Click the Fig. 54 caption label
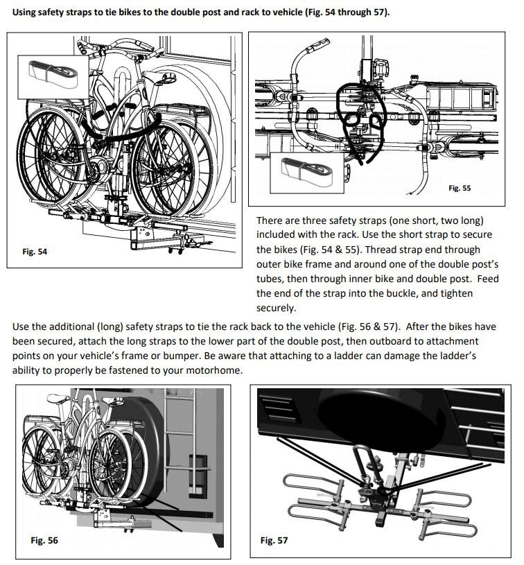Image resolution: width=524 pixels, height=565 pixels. [35, 252]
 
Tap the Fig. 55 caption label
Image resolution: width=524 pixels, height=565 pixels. [460, 188]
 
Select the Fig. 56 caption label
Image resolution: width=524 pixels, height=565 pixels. [44, 540]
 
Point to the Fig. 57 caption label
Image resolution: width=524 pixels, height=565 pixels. [274, 540]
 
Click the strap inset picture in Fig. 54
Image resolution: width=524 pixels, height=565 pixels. [53, 77]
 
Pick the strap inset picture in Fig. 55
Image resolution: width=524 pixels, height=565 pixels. [307, 173]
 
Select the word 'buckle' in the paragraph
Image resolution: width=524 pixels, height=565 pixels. [401, 293]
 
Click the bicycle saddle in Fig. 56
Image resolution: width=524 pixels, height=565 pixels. [58, 398]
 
